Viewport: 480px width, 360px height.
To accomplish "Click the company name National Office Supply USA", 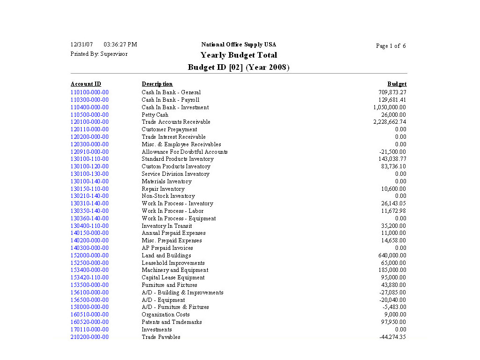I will pos(239,45).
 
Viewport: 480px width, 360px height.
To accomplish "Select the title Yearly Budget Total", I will pos(239,55).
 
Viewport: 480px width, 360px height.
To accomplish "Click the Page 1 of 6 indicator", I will pos(391,46).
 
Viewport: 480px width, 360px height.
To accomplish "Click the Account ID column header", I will pos(86,84).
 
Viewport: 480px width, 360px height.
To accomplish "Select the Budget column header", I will pos(397,84).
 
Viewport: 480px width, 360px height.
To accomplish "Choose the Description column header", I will pos(157,84).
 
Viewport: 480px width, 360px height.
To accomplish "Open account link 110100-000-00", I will pos(90,92).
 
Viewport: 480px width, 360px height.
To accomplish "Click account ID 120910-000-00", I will pos(90,152).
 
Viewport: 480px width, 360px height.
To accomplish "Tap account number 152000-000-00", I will pos(90,255).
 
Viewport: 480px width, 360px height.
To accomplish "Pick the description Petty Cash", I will pos(155,115).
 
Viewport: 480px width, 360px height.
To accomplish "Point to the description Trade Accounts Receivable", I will pos(176,122).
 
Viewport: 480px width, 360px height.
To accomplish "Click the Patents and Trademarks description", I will pos(172,322).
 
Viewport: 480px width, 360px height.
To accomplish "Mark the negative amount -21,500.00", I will pos(392,152).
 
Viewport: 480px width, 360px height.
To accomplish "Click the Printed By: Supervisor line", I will pos(99,54).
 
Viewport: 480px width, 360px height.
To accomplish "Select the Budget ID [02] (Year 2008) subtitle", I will pos(239,67).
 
